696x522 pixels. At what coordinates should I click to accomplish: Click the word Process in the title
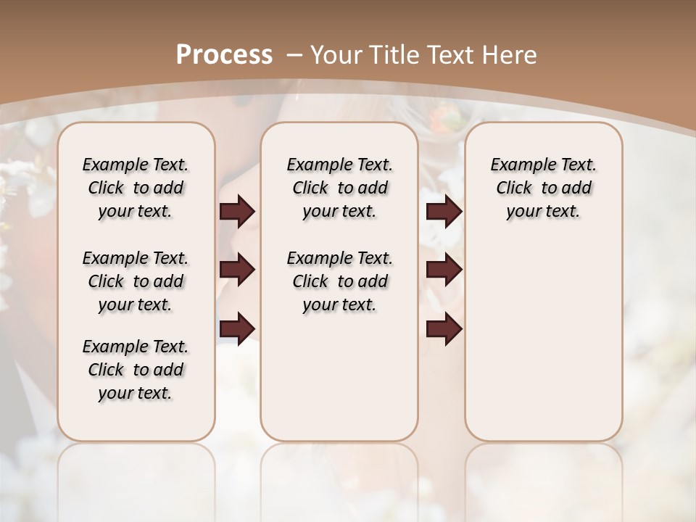(224, 55)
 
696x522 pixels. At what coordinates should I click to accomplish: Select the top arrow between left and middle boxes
(237, 212)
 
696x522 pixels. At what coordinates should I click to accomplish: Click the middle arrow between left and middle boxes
(237, 270)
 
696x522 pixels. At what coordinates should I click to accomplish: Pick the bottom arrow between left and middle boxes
(237, 329)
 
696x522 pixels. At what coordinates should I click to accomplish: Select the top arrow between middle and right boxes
(444, 212)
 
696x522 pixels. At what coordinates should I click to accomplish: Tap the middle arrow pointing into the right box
(444, 270)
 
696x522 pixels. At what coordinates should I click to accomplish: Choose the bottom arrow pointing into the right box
(444, 329)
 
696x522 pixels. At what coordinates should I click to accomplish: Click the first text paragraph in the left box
(136, 188)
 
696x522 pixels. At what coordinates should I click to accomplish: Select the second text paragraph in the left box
(136, 281)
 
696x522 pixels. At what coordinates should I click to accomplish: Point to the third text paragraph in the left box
(136, 370)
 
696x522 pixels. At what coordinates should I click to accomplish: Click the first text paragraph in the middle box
(339, 188)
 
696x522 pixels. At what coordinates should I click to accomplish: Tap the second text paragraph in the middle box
(339, 281)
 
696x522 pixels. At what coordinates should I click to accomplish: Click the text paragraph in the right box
(543, 188)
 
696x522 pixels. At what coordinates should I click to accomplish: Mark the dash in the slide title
(294, 55)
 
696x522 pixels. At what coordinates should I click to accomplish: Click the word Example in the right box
(519, 165)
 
